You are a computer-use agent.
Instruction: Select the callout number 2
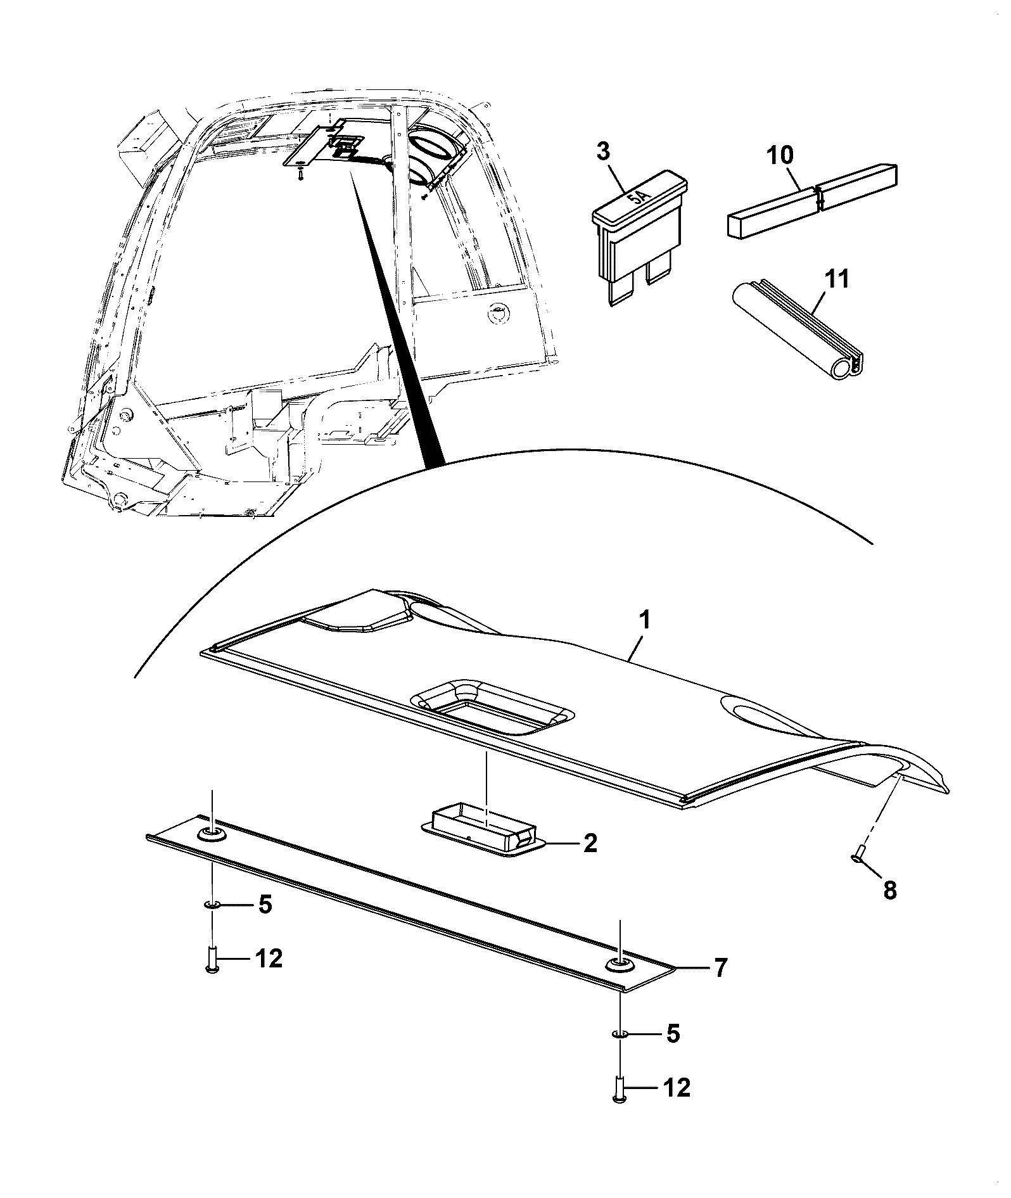click(589, 843)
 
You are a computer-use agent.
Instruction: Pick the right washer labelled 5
click(620, 1034)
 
